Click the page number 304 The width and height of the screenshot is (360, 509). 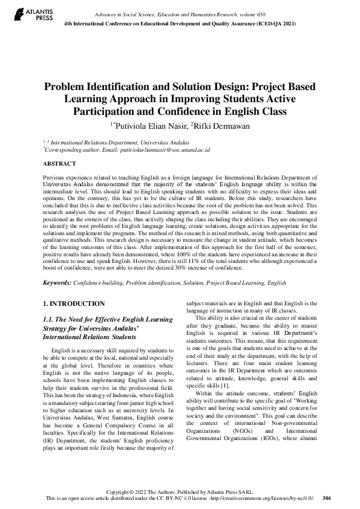[327, 498]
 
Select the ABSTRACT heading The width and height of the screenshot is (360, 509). [59, 164]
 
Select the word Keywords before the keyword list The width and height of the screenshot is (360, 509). [57, 282]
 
